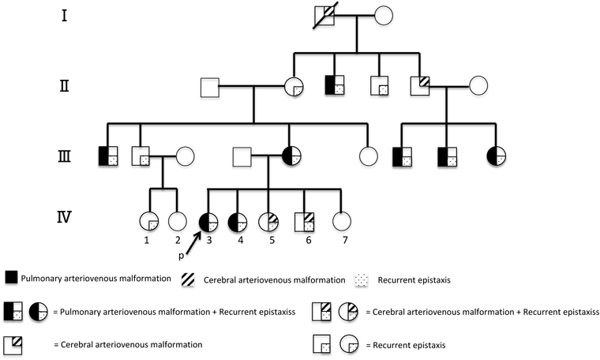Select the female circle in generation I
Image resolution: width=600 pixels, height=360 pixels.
pyautogui.click(x=384, y=15)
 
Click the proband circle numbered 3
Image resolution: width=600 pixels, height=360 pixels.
pyautogui.click(x=208, y=223)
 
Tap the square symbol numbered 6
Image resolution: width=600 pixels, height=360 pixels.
pyautogui.click(x=305, y=223)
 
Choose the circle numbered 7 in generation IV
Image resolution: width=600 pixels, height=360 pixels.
pyautogui.click(x=341, y=223)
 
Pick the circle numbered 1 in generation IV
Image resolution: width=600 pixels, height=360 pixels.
pyautogui.click(x=148, y=223)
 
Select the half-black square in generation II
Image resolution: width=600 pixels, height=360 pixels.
pyautogui.click(x=336, y=84)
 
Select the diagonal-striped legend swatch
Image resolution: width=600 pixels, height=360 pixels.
pyautogui.click(x=189, y=278)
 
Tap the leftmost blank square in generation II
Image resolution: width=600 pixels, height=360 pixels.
pyautogui.click(x=209, y=84)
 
